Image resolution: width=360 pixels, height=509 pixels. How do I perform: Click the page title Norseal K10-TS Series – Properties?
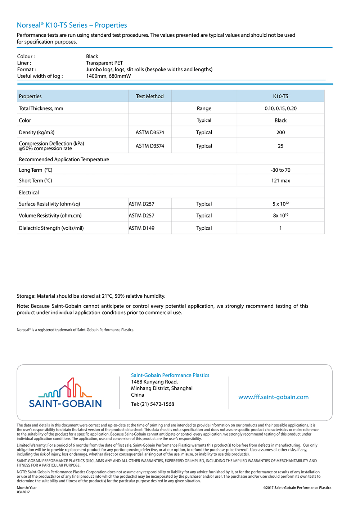(72, 25)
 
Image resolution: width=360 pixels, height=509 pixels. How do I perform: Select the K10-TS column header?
(280, 96)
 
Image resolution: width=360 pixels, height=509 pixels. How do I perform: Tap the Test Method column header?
(150, 96)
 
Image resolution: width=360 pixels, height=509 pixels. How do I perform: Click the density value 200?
(280, 132)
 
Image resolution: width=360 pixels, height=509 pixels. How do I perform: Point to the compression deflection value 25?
(280, 146)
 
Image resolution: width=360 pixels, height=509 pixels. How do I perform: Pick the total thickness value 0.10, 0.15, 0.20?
(280, 108)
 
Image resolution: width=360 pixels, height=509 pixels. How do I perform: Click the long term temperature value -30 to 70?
(280, 170)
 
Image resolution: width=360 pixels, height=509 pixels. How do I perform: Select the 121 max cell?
(280, 181)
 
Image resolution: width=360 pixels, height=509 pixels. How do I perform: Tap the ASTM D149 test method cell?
(141, 228)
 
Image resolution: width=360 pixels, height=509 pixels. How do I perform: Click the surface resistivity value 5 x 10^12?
(280, 204)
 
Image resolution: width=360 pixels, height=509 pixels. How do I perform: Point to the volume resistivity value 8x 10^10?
(280, 216)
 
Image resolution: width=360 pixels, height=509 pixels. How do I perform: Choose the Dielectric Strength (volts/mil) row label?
(51, 228)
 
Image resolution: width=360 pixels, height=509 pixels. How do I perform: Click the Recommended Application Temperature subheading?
(64, 159)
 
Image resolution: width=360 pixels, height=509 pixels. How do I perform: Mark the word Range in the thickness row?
(204, 108)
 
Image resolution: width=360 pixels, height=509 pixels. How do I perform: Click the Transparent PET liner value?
(104, 63)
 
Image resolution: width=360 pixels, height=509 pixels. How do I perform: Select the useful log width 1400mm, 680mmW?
(108, 76)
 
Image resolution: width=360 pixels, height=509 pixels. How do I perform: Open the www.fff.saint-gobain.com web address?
(273, 397)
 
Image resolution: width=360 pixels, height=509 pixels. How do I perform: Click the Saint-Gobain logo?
(65, 393)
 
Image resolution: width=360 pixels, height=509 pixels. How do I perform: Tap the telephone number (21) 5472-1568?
(157, 404)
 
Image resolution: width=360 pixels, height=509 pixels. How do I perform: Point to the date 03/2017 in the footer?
(23, 492)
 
